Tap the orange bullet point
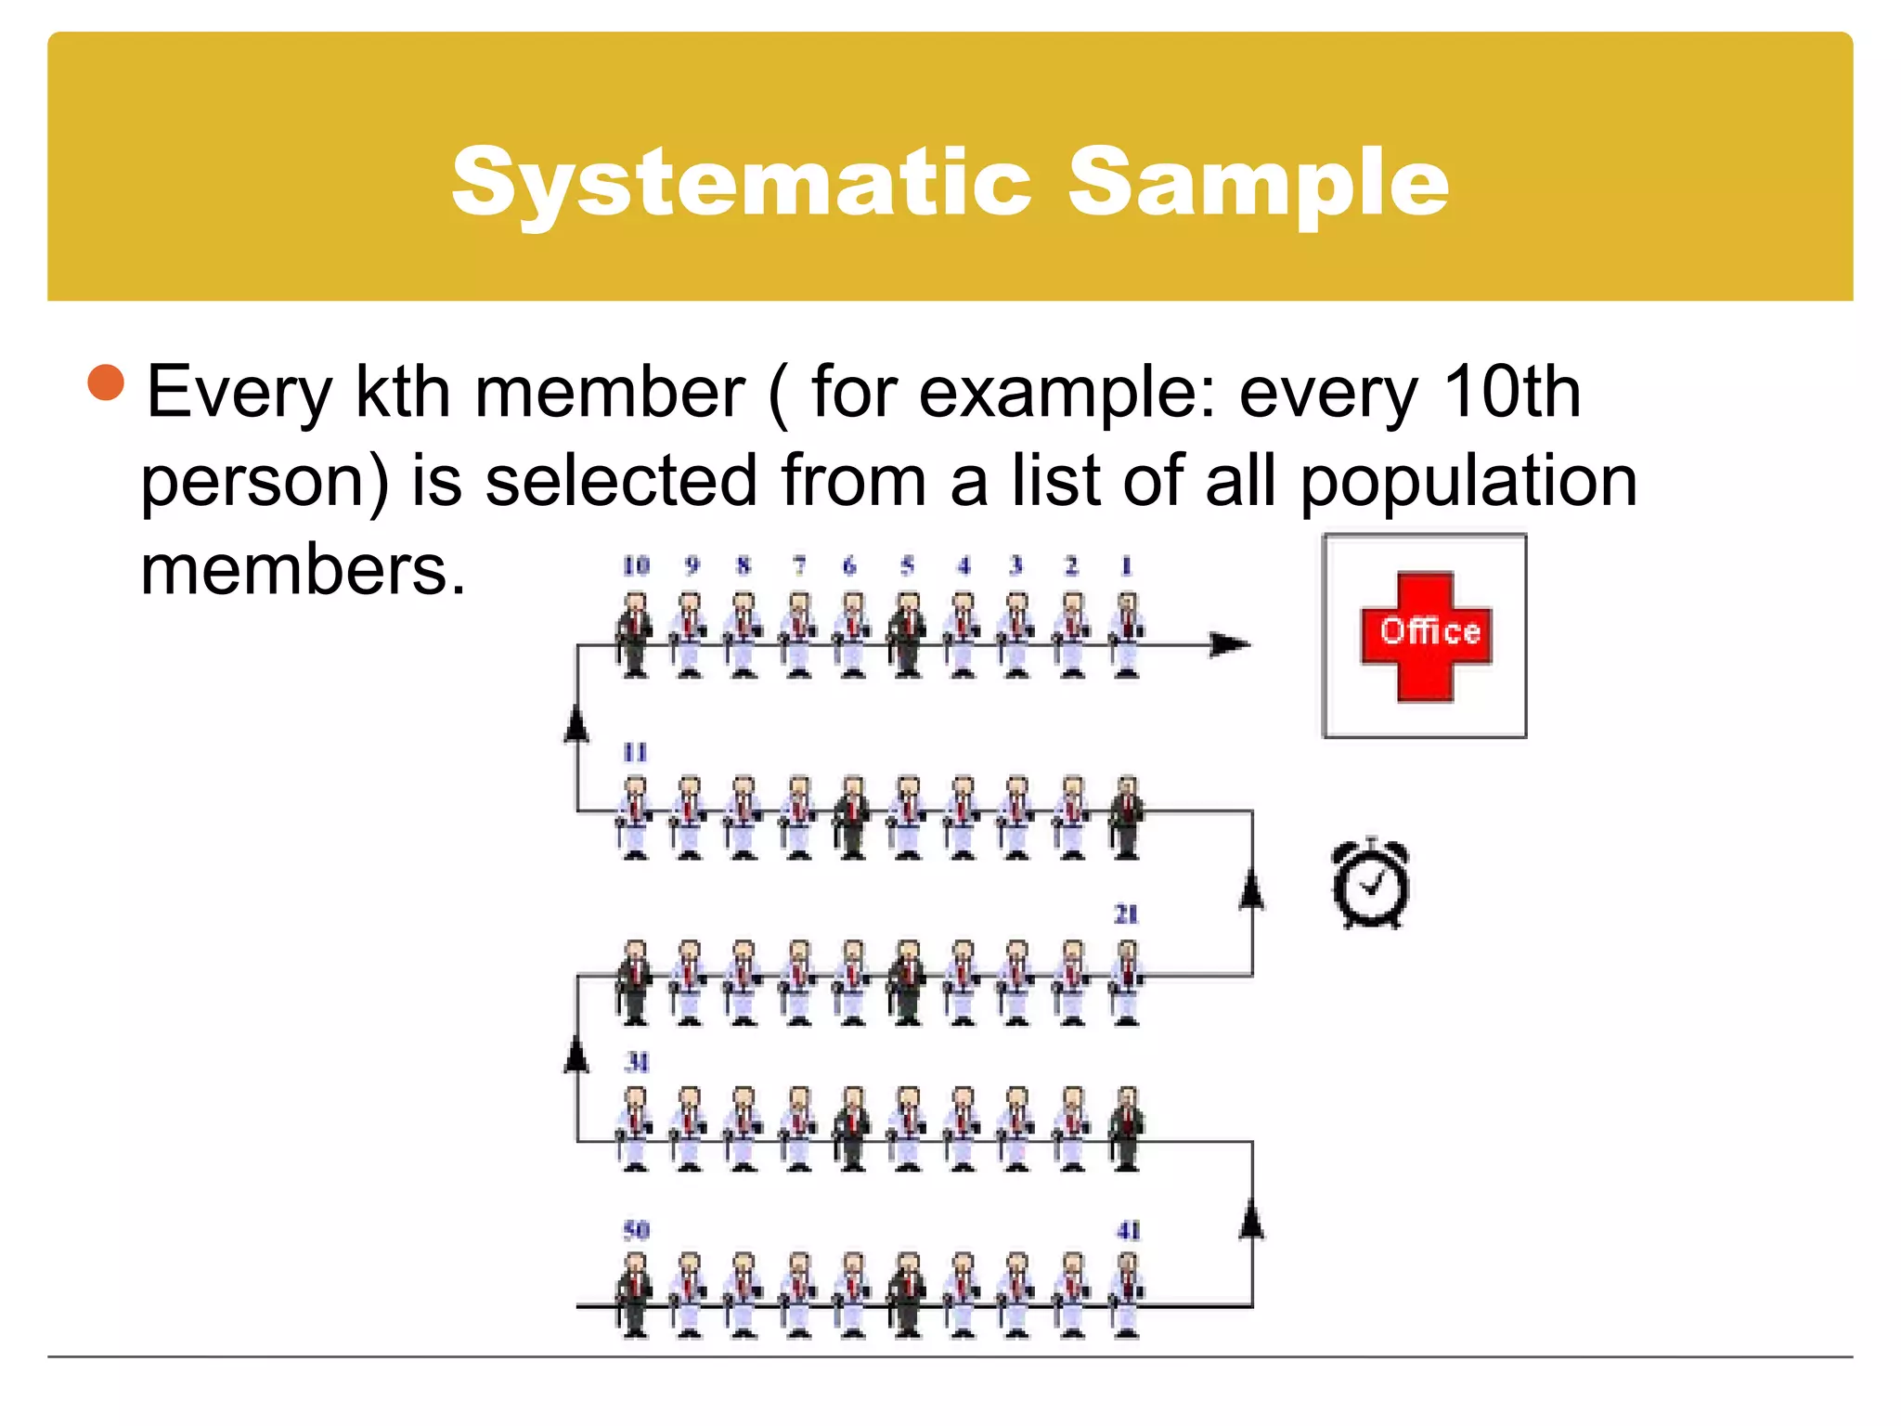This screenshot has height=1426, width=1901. click(107, 382)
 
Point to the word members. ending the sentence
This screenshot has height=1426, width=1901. click(303, 569)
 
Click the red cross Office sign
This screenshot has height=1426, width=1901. click(1426, 635)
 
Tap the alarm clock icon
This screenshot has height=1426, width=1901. click(1371, 884)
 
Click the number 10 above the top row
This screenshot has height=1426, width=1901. click(636, 565)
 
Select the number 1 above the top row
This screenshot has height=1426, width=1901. click(1126, 565)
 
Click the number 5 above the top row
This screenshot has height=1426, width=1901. click(907, 565)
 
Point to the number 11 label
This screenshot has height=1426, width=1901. click(635, 752)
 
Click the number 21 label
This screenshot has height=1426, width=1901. click(1126, 914)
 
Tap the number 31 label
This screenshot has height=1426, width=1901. click(637, 1062)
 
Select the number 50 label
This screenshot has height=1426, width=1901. click(636, 1230)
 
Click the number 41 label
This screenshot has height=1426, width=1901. click(1128, 1230)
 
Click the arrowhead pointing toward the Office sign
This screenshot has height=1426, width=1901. click(1231, 644)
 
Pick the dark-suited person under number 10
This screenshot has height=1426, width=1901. click(635, 635)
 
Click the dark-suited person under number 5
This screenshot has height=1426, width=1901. click(907, 635)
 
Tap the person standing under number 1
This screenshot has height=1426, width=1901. click(1126, 635)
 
